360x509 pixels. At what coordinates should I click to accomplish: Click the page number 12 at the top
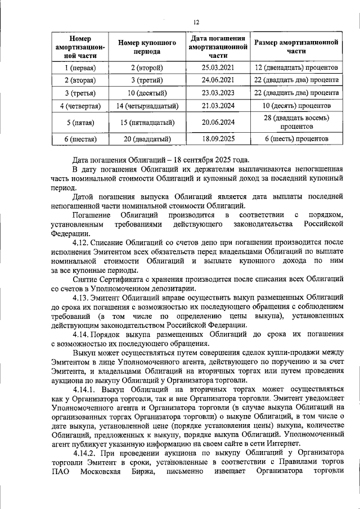click(196, 22)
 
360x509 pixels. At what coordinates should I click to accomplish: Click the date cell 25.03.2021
click(217, 68)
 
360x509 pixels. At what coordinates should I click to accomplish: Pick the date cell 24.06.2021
click(217, 80)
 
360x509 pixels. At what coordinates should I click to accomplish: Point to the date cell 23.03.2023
click(217, 93)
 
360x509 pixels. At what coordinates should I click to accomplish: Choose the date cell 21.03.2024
click(217, 106)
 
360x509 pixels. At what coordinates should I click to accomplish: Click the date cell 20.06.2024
click(217, 122)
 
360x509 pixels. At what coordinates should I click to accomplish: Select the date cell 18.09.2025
click(217, 138)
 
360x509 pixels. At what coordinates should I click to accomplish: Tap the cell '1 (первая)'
click(79, 68)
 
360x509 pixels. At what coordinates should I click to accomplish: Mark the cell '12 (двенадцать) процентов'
click(296, 68)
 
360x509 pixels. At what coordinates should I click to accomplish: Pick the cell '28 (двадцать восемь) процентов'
click(296, 122)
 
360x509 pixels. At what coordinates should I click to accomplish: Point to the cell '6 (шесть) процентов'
click(296, 138)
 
